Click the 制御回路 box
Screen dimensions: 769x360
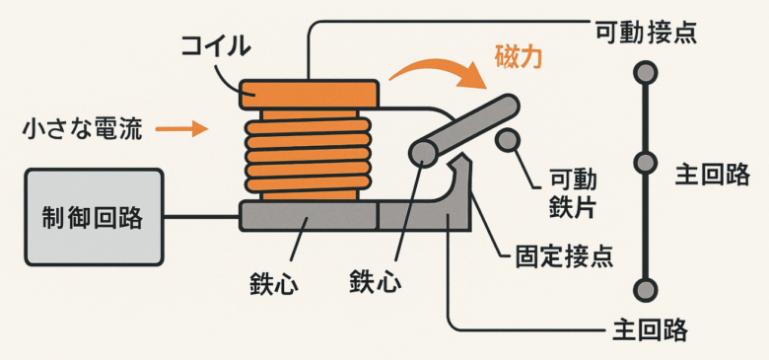tap(95, 217)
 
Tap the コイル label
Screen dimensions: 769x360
tap(216, 47)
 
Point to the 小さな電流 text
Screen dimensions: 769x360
tap(83, 130)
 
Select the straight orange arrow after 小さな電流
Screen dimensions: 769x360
tap(180, 130)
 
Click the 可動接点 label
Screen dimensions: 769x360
tap(646, 33)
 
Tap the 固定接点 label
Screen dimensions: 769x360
tap(564, 256)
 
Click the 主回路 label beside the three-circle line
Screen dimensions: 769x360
tap(712, 176)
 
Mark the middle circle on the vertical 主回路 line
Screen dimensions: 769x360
tap(645, 163)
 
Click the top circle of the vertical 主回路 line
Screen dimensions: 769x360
tap(645, 73)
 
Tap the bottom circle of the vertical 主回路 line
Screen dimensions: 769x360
tap(645, 289)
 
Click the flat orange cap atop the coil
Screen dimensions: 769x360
tap(309, 94)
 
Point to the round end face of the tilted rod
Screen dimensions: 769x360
tap(423, 153)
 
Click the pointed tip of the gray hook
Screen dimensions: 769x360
tap(462, 155)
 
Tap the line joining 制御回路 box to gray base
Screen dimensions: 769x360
tap(201, 216)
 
